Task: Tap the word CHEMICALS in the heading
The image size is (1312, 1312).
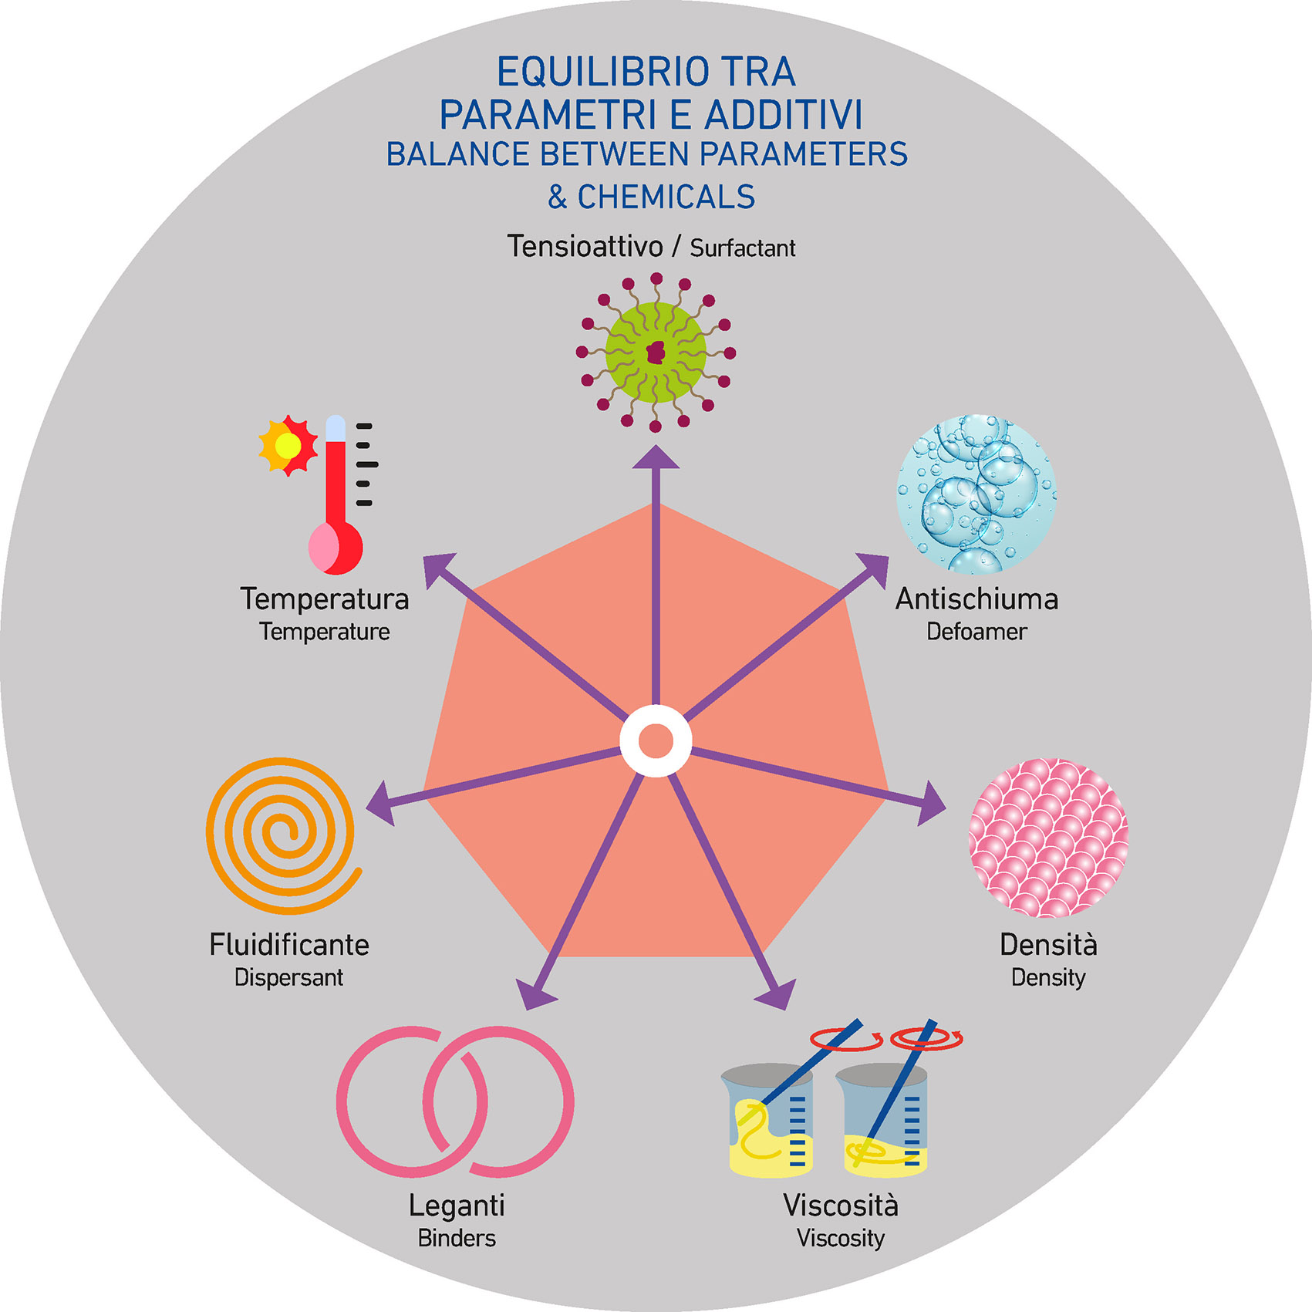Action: coord(666,197)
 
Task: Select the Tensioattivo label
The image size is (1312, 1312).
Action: coord(585,247)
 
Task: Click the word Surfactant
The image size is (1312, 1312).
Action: coord(742,248)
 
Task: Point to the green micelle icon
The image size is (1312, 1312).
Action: coord(656,352)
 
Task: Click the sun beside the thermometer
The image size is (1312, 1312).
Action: coord(288,445)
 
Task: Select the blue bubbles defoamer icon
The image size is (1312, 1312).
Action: coord(976,494)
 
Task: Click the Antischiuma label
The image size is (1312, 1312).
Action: coord(976,599)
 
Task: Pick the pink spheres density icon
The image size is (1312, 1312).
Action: coord(1048,838)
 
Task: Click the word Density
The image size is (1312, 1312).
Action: coord(1048,977)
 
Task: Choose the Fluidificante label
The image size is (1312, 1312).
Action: coord(289,945)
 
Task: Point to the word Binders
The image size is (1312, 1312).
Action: coord(457,1238)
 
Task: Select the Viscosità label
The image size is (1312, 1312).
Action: coord(841,1205)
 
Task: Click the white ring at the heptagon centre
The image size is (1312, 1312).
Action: coord(656,740)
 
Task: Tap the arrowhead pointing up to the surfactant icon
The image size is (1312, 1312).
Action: coord(656,458)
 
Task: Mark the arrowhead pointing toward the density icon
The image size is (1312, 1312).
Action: coord(931,804)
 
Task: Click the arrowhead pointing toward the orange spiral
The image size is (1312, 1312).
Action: coord(381,804)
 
